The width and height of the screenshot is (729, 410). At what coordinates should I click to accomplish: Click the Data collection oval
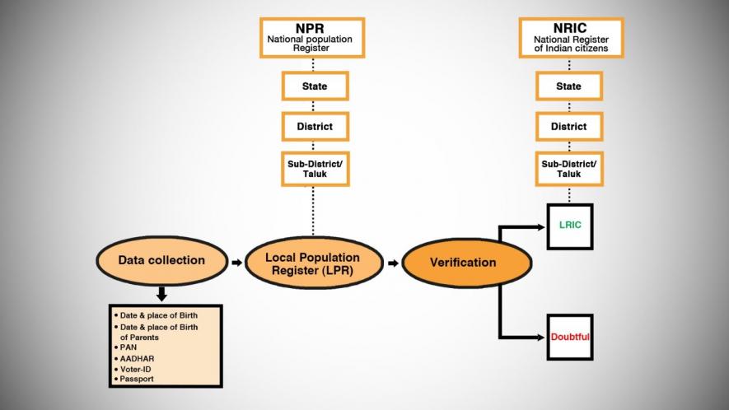point(161,261)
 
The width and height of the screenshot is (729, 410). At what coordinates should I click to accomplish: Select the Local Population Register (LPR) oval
point(314,263)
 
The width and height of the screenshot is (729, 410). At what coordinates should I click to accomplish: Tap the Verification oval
point(463,263)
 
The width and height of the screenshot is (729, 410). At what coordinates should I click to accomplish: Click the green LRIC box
point(569,226)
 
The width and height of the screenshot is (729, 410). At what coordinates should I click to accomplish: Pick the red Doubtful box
point(569,337)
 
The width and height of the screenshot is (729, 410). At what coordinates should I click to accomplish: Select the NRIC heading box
point(568,37)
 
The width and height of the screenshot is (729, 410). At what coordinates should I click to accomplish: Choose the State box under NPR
point(314,86)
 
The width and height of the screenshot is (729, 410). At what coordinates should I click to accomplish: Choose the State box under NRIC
point(568,86)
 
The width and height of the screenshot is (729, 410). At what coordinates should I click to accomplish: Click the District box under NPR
point(314,127)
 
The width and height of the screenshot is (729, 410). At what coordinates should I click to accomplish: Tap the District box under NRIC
point(568,127)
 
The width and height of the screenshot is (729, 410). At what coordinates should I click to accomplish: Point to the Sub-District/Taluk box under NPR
point(314,170)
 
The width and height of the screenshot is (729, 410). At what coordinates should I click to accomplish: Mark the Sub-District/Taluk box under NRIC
point(568,170)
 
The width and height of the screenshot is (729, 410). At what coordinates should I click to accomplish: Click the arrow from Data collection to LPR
point(236,263)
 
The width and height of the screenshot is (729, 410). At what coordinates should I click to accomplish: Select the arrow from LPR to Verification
point(394,263)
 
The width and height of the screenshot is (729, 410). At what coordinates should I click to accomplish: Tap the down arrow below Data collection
point(161,292)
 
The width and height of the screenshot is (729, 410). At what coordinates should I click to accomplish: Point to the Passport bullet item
point(137,379)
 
